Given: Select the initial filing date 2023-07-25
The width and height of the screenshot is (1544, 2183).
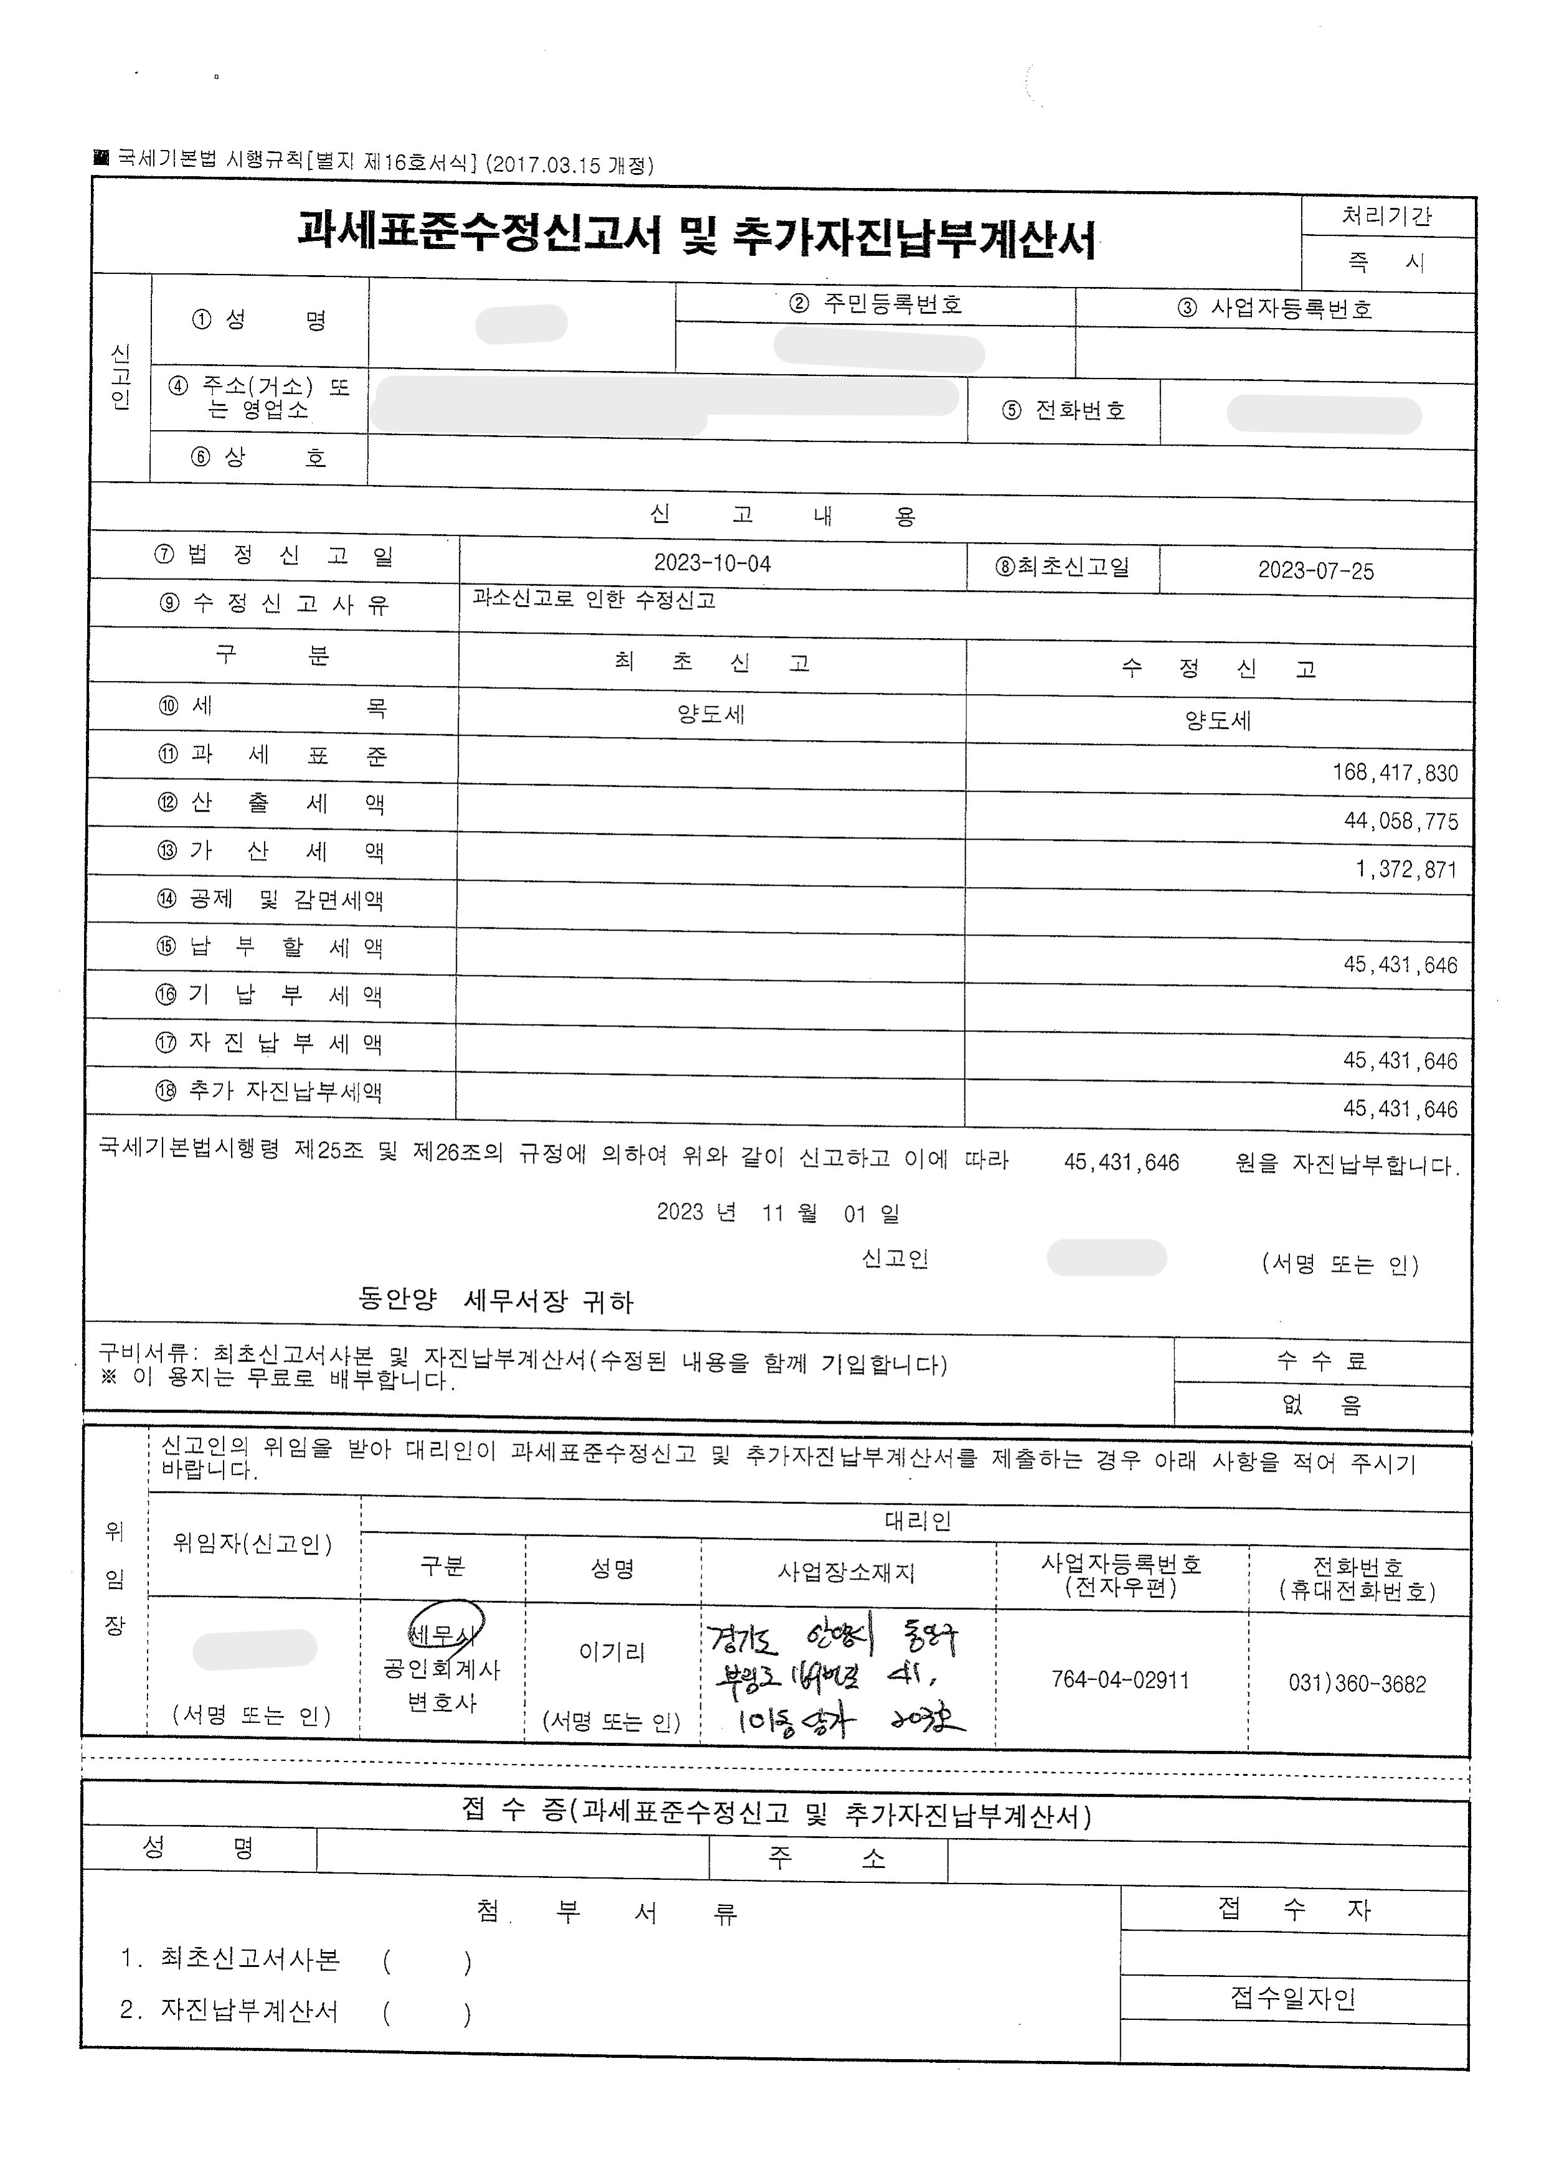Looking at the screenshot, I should point(1315,570).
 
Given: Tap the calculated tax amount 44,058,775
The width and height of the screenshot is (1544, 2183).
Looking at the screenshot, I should point(1400,820).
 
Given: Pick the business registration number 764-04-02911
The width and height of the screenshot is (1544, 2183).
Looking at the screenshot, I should point(1120,1680).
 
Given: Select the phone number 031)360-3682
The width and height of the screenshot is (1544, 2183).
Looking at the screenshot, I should point(1357,1684).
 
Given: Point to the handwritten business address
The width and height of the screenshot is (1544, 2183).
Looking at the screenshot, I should point(837,1678).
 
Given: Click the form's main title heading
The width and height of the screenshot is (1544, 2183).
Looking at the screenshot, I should point(697,237).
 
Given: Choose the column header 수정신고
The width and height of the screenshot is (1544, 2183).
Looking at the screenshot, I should point(1218,669).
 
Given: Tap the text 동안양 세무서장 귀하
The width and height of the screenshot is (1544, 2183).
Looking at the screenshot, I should point(496,1301).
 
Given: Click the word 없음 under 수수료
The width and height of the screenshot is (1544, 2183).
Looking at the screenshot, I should point(1322,1404).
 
